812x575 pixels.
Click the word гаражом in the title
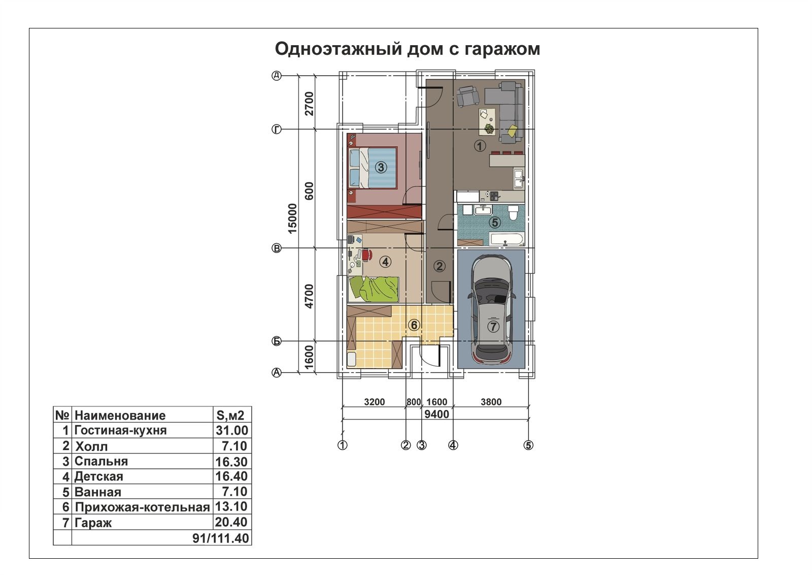click(502, 49)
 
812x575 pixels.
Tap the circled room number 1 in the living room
click(480, 146)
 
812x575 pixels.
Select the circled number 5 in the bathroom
click(495, 222)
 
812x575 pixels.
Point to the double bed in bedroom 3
click(373, 168)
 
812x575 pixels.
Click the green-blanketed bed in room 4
click(374, 289)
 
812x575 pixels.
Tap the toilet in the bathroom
click(513, 213)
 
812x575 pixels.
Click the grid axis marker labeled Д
click(277, 76)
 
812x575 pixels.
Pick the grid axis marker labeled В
click(277, 248)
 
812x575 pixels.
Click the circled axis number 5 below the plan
click(528, 445)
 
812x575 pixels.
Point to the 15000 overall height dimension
click(292, 218)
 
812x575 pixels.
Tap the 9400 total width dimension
click(437, 414)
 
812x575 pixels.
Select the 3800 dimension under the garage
click(491, 402)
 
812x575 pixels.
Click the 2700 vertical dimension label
click(309, 104)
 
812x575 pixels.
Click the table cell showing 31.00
click(232, 430)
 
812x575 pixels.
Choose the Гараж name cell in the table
click(93, 523)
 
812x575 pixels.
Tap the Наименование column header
click(120, 416)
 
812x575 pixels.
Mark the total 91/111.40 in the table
click(221, 538)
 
